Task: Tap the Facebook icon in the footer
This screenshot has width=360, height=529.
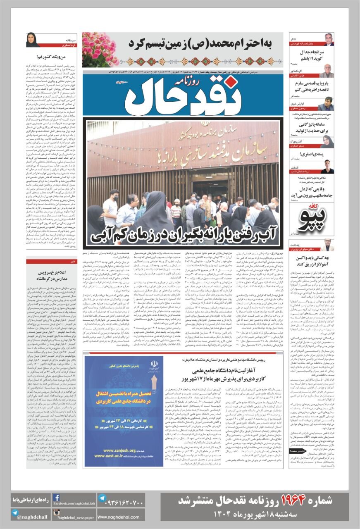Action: tap(56, 498)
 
